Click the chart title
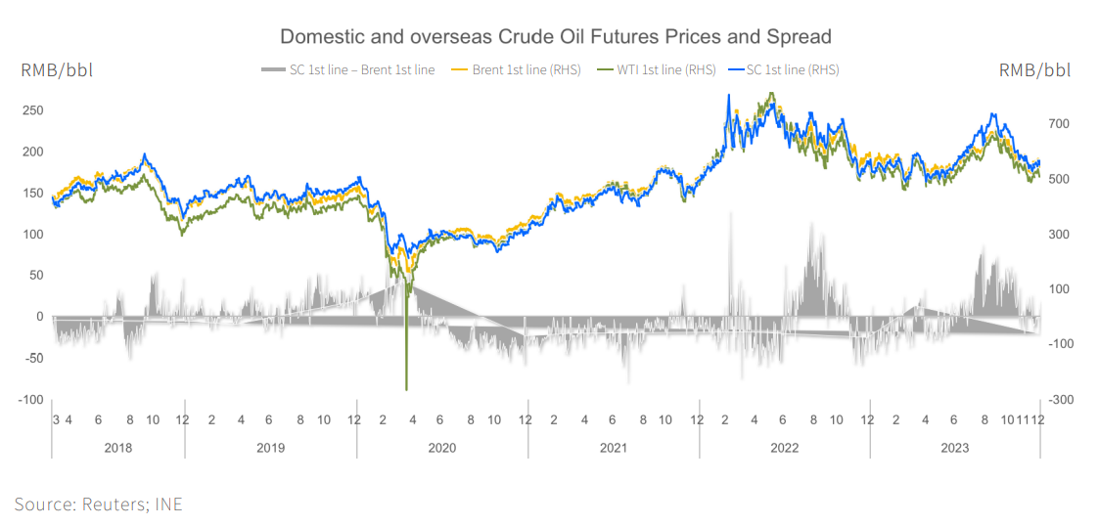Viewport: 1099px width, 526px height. [x=555, y=37]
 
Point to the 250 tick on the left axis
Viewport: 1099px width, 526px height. [x=32, y=110]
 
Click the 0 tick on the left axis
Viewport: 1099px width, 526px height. [x=39, y=317]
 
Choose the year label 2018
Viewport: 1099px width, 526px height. [x=117, y=448]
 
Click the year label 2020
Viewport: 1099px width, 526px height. [x=441, y=448]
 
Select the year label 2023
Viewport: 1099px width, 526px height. [x=954, y=448]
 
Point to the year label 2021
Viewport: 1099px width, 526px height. [x=613, y=448]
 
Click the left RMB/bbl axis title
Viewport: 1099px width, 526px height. [x=57, y=69]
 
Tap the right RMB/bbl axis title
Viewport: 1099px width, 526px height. [x=1034, y=69]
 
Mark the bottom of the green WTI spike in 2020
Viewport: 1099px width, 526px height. [x=406, y=389]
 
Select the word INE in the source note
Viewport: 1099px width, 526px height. [x=168, y=504]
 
